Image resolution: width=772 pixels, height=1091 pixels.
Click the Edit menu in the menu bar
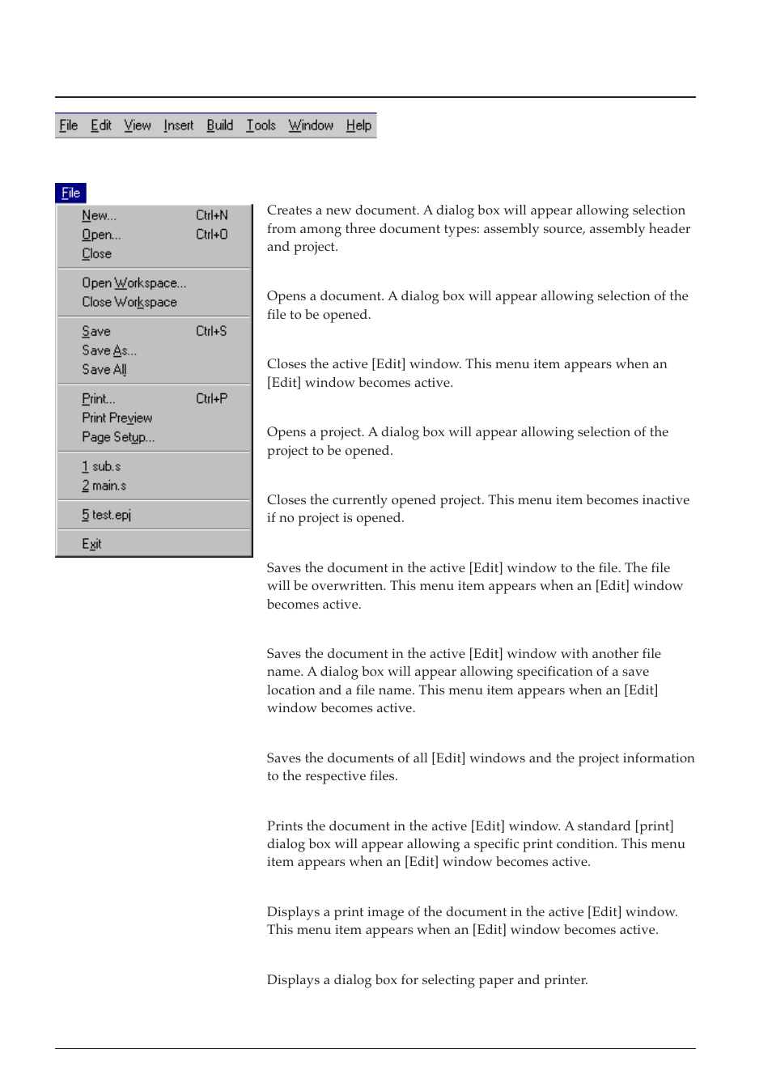(101, 125)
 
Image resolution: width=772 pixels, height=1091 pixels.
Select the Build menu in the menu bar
(219, 125)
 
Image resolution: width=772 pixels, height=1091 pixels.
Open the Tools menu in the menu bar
(261, 125)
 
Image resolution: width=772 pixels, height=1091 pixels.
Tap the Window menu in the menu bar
(311, 125)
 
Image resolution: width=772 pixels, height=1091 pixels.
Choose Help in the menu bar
(358, 125)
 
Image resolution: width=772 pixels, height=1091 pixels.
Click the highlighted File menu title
(70, 193)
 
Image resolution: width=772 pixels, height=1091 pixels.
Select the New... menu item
(99, 215)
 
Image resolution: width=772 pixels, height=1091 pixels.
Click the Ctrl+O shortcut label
(211, 235)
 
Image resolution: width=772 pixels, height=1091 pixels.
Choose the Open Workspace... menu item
(134, 283)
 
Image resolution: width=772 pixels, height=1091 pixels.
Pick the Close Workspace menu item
(129, 302)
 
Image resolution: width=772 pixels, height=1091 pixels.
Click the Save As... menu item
(108, 350)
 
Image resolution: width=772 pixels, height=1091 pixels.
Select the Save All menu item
(104, 370)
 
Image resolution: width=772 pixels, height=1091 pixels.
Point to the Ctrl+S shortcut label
(210, 331)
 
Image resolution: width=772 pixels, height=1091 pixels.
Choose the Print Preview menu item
(117, 418)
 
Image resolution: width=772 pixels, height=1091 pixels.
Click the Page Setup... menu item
(117, 437)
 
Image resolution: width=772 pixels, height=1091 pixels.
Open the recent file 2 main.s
(104, 486)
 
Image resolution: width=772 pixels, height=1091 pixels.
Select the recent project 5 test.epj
(106, 515)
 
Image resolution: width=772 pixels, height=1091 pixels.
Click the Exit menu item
(91, 544)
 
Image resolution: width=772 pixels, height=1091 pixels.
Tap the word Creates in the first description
(289, 210)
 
